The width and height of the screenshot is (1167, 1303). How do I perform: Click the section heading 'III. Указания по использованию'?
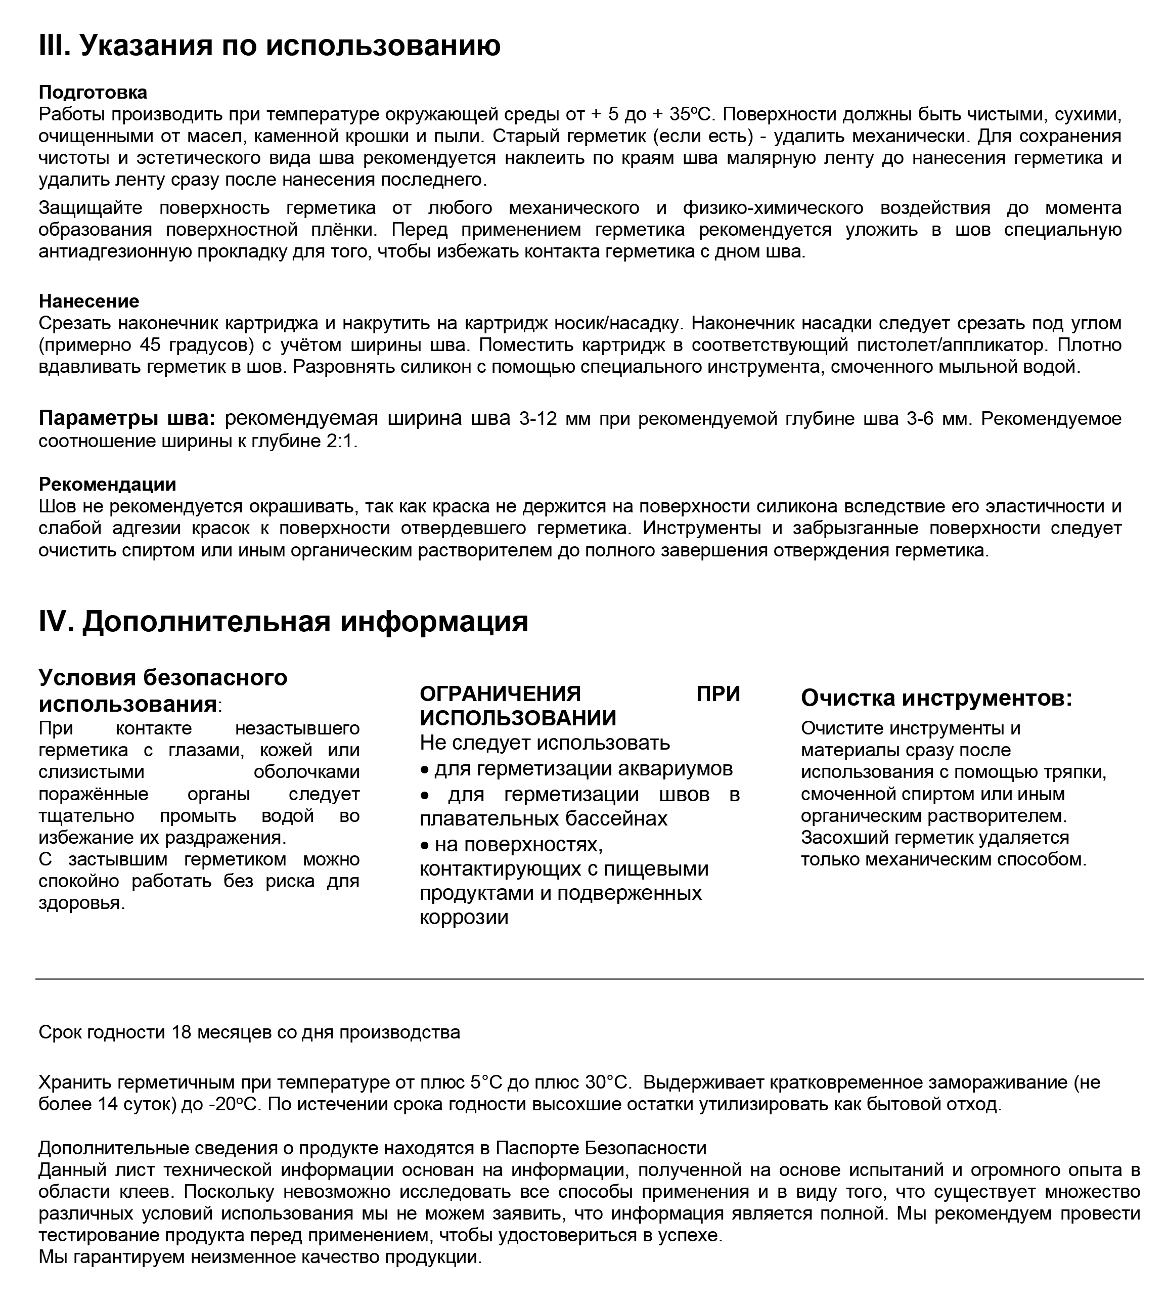270,46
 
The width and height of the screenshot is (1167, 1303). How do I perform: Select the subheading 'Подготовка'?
93,93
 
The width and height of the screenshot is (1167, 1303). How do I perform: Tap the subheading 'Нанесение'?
89,301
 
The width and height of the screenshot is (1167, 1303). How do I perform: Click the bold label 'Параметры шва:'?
127,418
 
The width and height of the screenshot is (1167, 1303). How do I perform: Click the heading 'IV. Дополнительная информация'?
284,622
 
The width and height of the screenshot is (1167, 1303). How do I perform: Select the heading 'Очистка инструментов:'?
936,698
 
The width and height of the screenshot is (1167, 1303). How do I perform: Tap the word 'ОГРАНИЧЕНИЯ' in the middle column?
500,693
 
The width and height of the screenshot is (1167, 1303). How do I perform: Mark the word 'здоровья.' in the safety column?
81,903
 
